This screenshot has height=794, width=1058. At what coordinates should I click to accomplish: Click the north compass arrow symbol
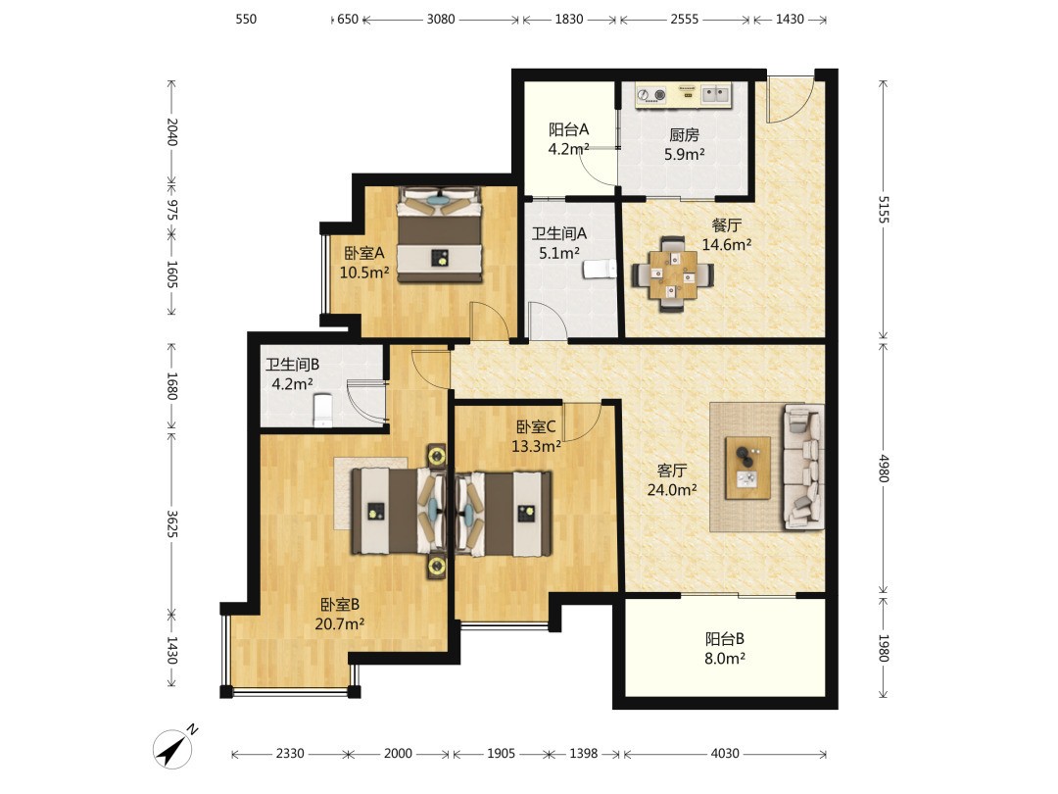click(x=174, y=748)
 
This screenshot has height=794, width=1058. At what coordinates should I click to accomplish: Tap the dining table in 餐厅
click(x=672, y=274)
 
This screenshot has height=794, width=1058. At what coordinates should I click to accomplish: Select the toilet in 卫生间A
click(x=600, y=269)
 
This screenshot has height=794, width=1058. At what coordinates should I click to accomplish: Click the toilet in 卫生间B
click(x=323, y=411)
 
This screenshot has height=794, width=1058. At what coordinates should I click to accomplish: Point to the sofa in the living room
click(x=803, y=467)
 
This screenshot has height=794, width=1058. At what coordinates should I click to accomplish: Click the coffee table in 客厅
click(x=747, y=468)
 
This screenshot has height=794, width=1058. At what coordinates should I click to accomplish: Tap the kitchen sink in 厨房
click(x=715, y=94)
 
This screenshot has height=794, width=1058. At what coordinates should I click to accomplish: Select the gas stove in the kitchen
click(x=651, y=95)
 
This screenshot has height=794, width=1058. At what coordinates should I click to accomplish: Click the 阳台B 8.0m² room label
click(x=725, y=648)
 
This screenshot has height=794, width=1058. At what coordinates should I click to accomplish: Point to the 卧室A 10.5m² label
click(x=364, y=263)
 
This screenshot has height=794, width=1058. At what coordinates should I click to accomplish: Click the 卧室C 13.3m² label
click(x=536, y=436)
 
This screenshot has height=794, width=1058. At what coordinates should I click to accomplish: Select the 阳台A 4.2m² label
click(x=569, y=139)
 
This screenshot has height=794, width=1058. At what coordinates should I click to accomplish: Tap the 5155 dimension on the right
click(x=884, y=210)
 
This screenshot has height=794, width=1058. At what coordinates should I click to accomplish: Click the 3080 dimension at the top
click(x=441, y=19)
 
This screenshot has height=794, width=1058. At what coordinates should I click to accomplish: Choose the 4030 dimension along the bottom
click(x=725, y=753)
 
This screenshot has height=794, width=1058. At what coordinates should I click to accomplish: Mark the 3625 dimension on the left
click(x=171, y=523)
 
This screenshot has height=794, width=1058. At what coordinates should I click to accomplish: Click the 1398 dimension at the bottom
click(x=583, y=753)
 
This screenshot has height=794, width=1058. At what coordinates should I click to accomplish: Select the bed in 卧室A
click(x=439, y=234)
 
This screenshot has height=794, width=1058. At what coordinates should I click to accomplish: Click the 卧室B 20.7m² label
click(x=339, y=614)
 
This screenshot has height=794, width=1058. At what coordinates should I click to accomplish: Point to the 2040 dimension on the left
click(x=171, y=131)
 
